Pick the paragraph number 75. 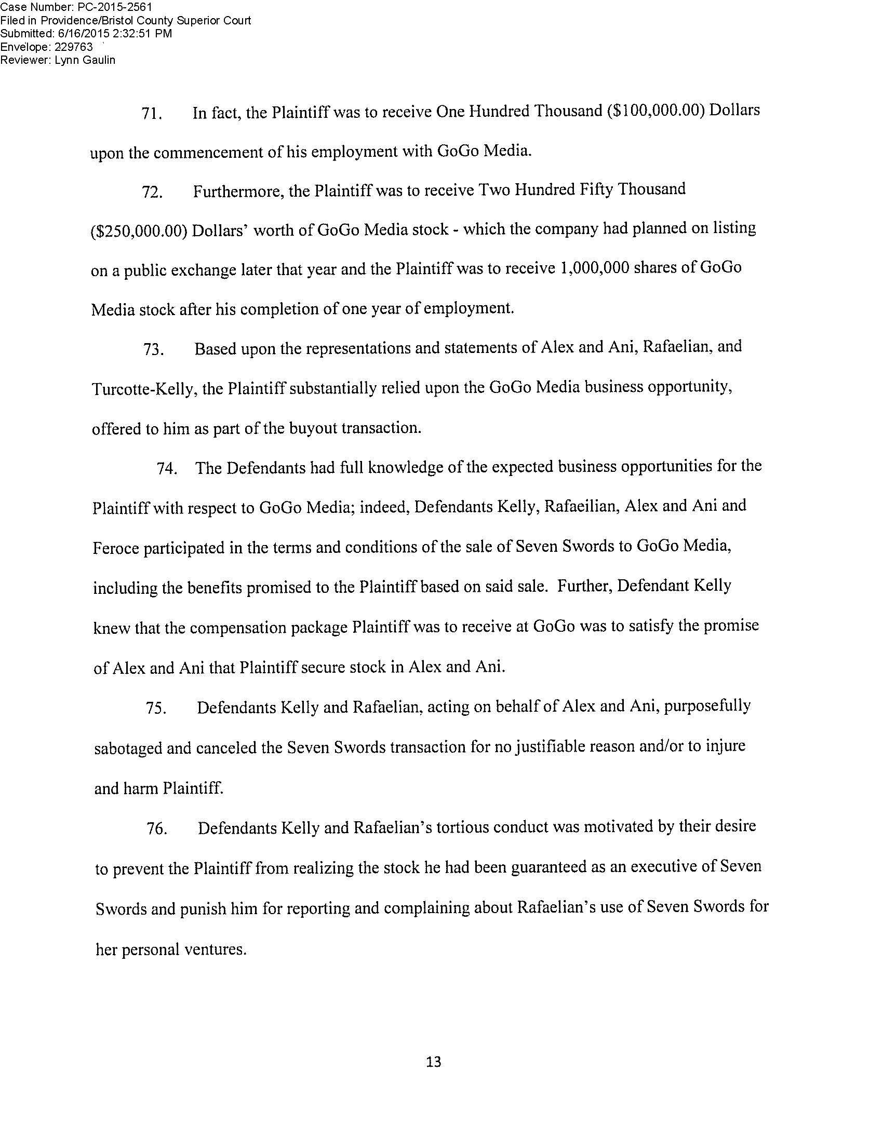coord(156,710)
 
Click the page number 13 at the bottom coord(434,1062)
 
